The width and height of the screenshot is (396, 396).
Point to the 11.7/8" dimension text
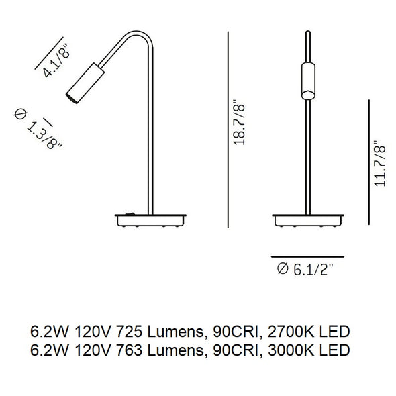click(x=382, y=165)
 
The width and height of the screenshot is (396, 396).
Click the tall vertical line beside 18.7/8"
click(x=230, y=130)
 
